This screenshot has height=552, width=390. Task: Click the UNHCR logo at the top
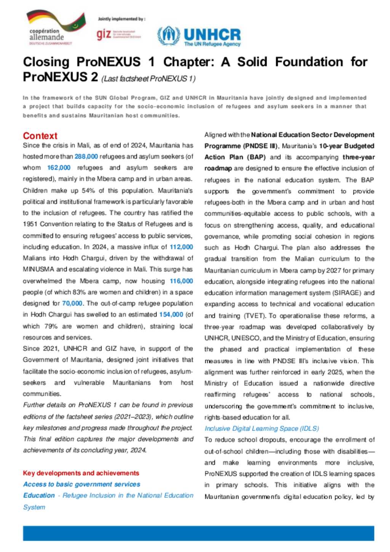point(199,37)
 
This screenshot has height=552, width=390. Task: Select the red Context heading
point(40,136)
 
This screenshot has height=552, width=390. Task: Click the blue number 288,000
point(86,156)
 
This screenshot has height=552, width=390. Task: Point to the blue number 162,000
point(59,168)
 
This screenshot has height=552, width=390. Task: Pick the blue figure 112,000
point(181,247)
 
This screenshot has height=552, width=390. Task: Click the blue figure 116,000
point(181,281)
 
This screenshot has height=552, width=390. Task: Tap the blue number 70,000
point(72,303)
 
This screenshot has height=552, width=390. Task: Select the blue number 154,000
point(171,314)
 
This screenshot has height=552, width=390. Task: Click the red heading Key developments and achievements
point(81,473)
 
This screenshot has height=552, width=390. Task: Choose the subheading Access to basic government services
point(82,484)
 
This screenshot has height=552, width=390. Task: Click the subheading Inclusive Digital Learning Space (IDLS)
point(262,429)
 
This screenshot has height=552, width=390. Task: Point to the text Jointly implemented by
point(121,19)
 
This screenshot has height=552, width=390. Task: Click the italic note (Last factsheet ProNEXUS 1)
point(148,79)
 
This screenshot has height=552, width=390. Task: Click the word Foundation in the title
point(309,62)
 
